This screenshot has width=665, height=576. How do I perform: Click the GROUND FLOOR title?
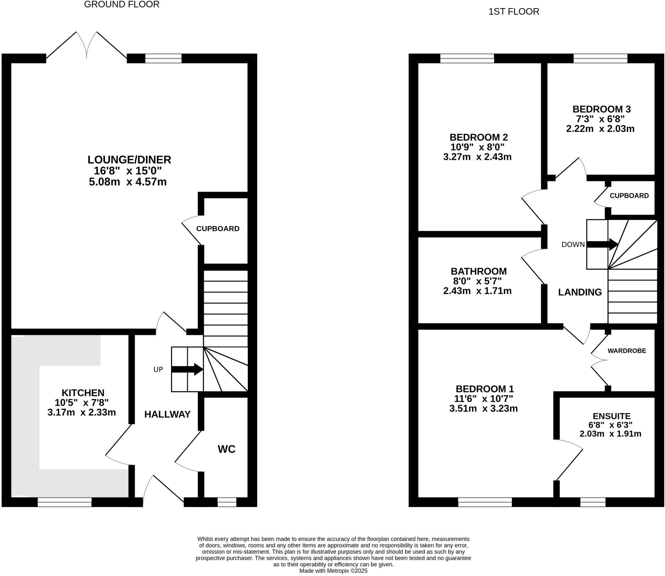pos(121,5)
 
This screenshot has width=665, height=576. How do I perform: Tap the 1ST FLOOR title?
pos(514,12)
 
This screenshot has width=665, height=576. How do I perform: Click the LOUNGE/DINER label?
pos(129,160)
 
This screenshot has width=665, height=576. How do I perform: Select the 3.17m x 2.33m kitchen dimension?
pos(82,413)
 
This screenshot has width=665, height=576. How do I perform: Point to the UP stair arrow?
pos(187,369)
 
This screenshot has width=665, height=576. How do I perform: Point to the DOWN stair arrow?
pos(602,244)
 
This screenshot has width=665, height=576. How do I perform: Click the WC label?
pos(226,449)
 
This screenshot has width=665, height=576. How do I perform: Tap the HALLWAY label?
pos(167,414)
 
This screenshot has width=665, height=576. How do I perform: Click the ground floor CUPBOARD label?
pos(218,229)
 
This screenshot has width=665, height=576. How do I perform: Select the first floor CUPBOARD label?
pos(629,196)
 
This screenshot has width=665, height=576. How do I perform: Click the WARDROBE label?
pos(627,351)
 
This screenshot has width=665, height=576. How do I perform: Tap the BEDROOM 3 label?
pos(601,109)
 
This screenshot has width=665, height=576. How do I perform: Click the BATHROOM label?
pos(479,271)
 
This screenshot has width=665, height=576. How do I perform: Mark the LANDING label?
pos(580,292)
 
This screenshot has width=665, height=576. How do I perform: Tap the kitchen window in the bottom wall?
pos(65,502)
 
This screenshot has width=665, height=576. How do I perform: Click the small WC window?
pos(227,502)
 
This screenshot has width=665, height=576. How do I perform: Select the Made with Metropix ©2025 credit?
pos(333,571)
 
